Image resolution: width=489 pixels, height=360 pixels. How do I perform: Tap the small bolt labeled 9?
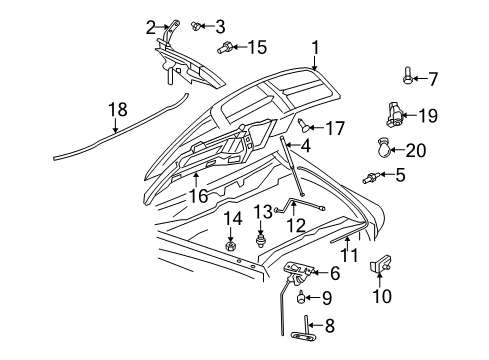coord(300,297)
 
